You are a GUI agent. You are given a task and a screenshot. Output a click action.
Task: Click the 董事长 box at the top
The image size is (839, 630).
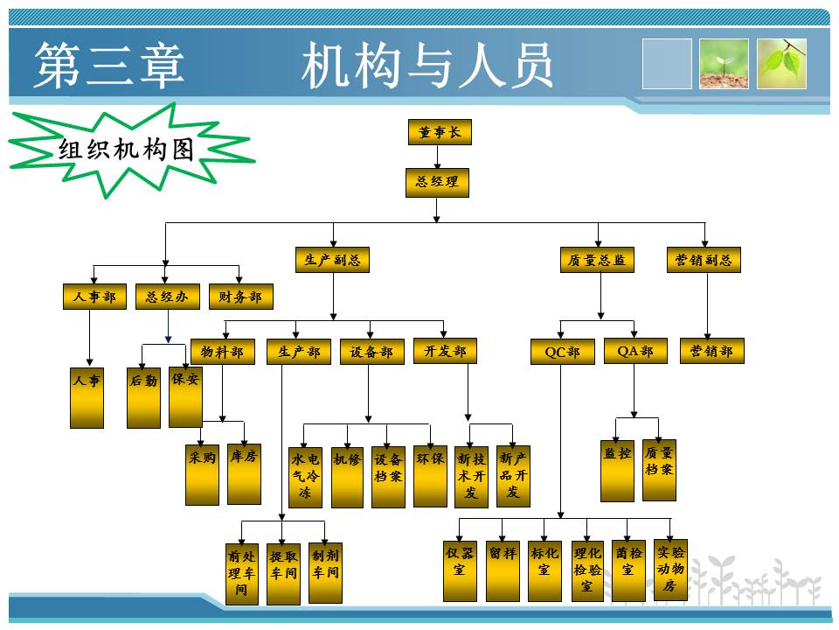(439, 133)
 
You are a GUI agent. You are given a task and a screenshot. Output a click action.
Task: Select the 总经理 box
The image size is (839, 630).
(437, 183)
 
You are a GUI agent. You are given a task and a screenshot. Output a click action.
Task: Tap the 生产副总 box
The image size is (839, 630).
(332, 260)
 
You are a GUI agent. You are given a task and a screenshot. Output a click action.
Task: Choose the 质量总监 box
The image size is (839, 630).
(598, 260)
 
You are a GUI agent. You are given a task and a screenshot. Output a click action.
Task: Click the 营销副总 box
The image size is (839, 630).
(704, 260)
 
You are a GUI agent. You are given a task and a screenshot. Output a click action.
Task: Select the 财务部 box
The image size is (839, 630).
(240, 297)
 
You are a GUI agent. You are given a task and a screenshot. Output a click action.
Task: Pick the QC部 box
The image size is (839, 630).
(562, 352)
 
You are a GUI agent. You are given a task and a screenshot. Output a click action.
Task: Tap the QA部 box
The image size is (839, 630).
(635, 352)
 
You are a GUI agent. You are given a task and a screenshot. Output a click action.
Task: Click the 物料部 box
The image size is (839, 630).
(222, 352)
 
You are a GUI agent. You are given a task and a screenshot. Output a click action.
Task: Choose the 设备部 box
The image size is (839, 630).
(371, 352)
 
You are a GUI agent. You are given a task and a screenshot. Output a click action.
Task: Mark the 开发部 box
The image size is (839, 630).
(445, 352)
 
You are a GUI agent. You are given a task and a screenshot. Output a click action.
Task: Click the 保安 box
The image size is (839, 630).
(185, 395)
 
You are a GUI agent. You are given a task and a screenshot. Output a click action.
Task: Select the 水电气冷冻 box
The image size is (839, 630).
(305, 477)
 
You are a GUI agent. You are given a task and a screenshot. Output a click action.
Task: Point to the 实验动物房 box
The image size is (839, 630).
(669, 569)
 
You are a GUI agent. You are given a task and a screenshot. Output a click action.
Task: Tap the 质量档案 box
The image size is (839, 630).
(659, 470)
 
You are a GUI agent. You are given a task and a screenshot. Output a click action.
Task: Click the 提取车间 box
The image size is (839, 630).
(283, 573)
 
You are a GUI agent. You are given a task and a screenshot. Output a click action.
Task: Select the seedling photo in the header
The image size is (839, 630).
(724, 64)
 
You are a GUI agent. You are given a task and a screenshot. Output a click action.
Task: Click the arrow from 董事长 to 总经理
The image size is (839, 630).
(438, 157)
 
